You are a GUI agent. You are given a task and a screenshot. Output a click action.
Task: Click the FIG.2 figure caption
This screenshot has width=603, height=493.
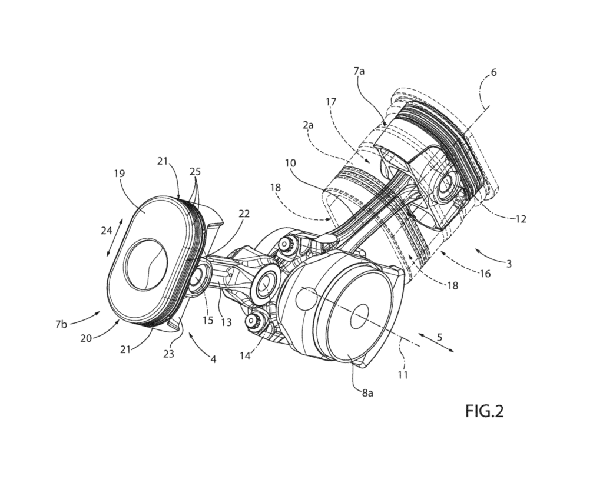click(x=484, y=411)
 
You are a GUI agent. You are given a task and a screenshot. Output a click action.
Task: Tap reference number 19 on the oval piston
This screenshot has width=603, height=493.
click(x=120, y=174)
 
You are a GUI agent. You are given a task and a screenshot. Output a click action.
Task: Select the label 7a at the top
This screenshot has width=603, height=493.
click(x=359, y=71)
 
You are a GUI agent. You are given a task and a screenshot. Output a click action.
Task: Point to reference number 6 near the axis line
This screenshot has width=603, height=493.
click(x=494, y=72)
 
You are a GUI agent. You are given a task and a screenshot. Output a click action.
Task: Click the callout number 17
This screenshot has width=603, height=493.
click(x=331, y=102)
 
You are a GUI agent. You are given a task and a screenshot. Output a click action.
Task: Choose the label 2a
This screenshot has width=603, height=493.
click(x=308, y=125)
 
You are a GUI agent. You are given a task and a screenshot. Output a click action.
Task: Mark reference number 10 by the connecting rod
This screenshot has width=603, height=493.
click(x=290, y=163)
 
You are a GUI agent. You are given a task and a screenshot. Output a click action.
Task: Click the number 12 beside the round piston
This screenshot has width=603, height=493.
click(x=521, y=219)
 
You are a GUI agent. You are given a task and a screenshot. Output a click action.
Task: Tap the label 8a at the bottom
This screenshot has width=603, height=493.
click(x=367, y=393)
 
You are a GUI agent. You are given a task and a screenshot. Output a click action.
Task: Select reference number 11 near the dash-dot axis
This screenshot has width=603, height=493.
click(x=403, y=374)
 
